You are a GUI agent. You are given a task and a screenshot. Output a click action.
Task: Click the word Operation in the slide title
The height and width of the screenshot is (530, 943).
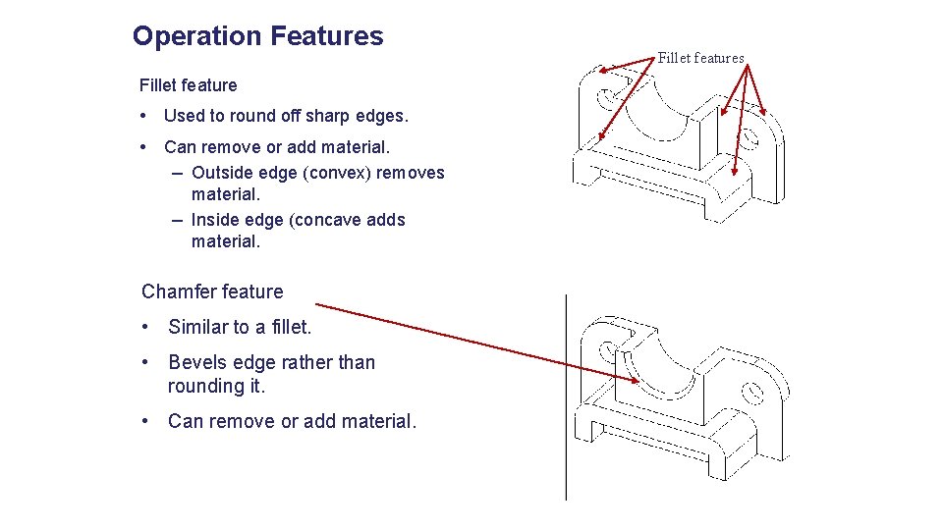tap(196, 36)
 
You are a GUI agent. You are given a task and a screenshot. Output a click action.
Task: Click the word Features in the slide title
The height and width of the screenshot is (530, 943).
tap(326, 36)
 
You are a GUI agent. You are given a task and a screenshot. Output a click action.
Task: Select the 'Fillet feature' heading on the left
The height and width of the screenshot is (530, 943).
tap(189, 85)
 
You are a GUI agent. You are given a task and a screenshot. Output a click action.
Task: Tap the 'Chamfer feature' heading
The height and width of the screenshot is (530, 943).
tap(212, 291)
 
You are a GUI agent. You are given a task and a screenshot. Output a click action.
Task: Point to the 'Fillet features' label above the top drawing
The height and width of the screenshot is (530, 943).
tap(700, 58)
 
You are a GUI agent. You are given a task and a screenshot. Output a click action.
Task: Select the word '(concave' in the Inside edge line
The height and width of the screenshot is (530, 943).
tap(327, 220)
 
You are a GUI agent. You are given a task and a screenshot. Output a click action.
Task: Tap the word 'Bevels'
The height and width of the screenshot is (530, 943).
tap(201, 362)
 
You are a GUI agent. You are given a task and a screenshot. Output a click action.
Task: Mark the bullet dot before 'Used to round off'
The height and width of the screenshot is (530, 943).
tap(145, 116)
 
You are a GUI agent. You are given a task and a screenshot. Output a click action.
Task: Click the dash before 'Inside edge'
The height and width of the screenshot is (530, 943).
tap(176, 220)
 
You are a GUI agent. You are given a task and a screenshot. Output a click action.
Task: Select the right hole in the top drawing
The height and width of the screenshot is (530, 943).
tap(753, 140)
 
